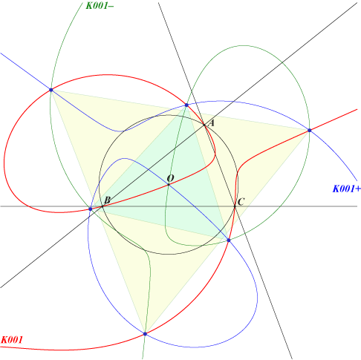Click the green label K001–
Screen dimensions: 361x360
pos(100,5)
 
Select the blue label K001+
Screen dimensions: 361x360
pos(346,189)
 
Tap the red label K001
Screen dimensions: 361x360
pos(12,340)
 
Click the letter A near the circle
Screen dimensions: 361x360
pos(211,123)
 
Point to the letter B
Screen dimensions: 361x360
pos(107,200)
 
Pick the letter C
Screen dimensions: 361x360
pos(241,202)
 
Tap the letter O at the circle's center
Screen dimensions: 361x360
pos(170,178)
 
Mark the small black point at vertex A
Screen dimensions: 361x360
pos(204,125)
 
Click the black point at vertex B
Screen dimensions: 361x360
pos(103,206)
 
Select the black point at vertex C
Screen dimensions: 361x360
pos(235,206)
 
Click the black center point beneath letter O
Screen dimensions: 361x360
pos(169,184)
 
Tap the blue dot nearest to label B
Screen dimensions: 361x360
pos(91,209)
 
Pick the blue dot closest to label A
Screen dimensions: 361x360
pos(186,105)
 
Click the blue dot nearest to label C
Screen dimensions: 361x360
pos(229,240)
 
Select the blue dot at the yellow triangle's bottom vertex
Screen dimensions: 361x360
pos(145,334)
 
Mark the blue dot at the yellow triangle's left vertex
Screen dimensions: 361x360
pos(51,90)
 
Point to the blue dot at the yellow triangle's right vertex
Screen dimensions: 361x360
pos(309,130)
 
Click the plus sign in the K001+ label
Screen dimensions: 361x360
pos(358,189)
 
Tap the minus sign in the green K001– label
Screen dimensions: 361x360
pos(111,6)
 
